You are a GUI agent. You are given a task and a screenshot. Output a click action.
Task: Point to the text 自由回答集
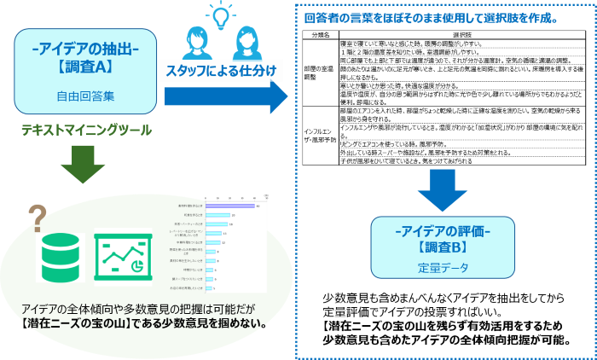coord(84,96)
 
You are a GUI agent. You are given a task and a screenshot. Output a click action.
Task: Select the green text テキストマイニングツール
coord(87,130)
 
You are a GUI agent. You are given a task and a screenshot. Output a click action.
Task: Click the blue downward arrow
coord(443,189)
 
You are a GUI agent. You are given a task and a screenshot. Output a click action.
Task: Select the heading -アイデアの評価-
coord(443,230)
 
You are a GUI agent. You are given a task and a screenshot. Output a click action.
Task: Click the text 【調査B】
coord(443,248)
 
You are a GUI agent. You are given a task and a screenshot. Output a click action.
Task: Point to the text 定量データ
coord(443,267)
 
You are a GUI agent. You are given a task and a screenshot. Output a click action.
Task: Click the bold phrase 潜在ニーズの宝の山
coord(72,324)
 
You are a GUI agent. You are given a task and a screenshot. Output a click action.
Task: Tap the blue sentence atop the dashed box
coord(431,17)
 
